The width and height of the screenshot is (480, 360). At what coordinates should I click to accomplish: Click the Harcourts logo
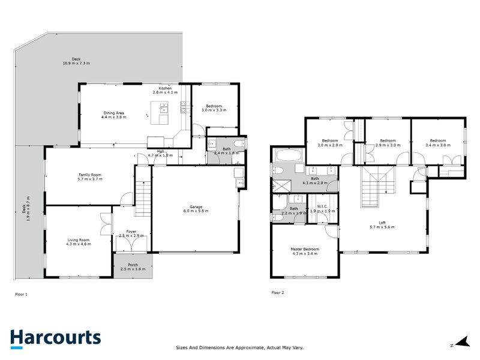[x=55, y=338]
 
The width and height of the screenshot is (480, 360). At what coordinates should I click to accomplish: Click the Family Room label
[x=89, y=175]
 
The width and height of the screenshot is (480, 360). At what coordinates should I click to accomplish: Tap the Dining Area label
[x=113, y=113]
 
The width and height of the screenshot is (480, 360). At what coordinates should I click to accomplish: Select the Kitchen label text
[x=165, y=88]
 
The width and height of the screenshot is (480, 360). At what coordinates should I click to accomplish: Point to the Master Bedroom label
[x=305, y=249]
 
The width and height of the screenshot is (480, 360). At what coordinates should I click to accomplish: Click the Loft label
[x=382, y=222]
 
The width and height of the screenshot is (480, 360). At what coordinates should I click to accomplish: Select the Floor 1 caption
[x=21, y=294]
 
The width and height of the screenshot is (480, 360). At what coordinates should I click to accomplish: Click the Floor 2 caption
[x=278, y=293]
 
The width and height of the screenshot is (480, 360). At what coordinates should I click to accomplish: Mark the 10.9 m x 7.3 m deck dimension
[x=76, y=63]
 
